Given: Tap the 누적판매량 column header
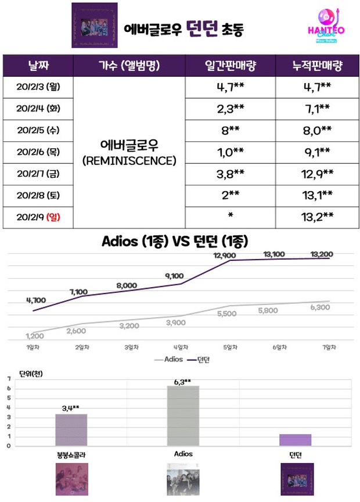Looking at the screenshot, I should point(316,64).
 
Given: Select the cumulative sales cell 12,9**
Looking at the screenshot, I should point(316,173).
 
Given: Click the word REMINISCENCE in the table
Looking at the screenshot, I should point(130,161).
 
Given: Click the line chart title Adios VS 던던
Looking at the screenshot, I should point(180,241).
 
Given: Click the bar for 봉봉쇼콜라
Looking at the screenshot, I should point(71,430).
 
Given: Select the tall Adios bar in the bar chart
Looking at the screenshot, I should point(183,415).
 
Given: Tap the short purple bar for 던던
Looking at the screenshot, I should point(295,440).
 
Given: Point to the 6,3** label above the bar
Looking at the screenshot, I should point(183,381).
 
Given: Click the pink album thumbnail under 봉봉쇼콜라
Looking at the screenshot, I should point(71,479).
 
